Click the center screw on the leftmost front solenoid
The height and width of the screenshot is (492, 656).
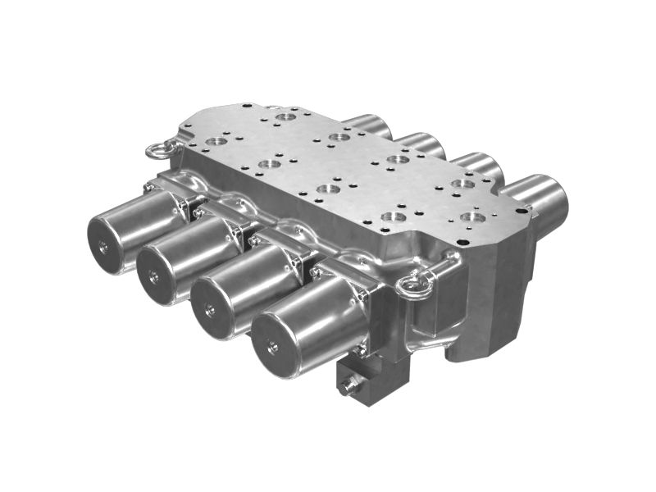(x=103, y=247)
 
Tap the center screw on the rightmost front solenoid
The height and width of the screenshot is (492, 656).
(x=272, y=347)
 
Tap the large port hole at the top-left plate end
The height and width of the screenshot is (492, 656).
(x=285, y=117)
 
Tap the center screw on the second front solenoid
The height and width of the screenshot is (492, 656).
(x=154, y=277)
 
